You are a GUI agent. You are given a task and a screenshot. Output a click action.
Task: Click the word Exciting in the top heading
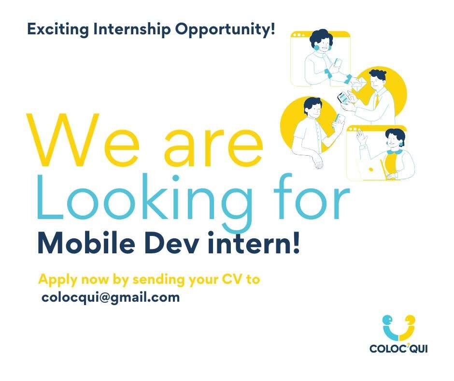(x=58, y=30)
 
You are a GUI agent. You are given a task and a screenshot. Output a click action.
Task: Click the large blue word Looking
(x=144, y=200)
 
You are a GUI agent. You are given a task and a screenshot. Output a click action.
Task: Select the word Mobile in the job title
(x=86, y=243)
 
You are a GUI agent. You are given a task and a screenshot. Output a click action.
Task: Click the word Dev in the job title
(x=171, y=243)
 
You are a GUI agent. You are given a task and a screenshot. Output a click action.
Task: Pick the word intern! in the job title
(x=254, y=243)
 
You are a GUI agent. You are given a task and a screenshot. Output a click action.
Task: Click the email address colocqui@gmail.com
(x=111, y=298)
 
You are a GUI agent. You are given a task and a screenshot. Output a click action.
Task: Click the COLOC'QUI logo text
(x=398, y=348)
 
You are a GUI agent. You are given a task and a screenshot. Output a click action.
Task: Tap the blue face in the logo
(x=387, y=321)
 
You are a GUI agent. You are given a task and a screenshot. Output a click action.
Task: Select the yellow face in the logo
(x=410, y=321)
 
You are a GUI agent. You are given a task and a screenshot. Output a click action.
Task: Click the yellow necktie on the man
(x=377, y=101)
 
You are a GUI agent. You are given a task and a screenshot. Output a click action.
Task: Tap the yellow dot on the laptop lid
(x=370, y=169)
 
